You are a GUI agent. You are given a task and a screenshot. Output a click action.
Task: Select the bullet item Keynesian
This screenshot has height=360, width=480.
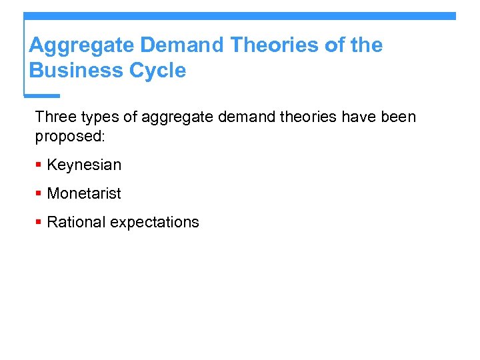tap(84, 165)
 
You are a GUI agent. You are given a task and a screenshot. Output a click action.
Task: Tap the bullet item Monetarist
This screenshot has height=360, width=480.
tap(84, 193)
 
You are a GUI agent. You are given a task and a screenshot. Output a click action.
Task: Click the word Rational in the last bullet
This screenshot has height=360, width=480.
tap(76, 222)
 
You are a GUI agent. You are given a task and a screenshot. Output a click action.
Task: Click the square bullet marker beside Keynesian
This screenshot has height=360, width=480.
tap(39, 165)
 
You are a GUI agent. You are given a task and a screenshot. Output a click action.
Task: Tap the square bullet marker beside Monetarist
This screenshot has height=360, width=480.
tap(39, 193)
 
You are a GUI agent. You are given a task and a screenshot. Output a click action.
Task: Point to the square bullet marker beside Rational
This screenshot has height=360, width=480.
tap(39, 222)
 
